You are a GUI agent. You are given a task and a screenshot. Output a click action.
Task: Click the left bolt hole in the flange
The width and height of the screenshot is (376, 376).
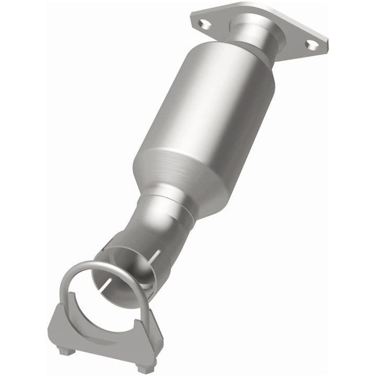[205, 23]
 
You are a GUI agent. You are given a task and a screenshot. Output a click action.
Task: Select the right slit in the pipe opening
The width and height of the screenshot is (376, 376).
[155, 256]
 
